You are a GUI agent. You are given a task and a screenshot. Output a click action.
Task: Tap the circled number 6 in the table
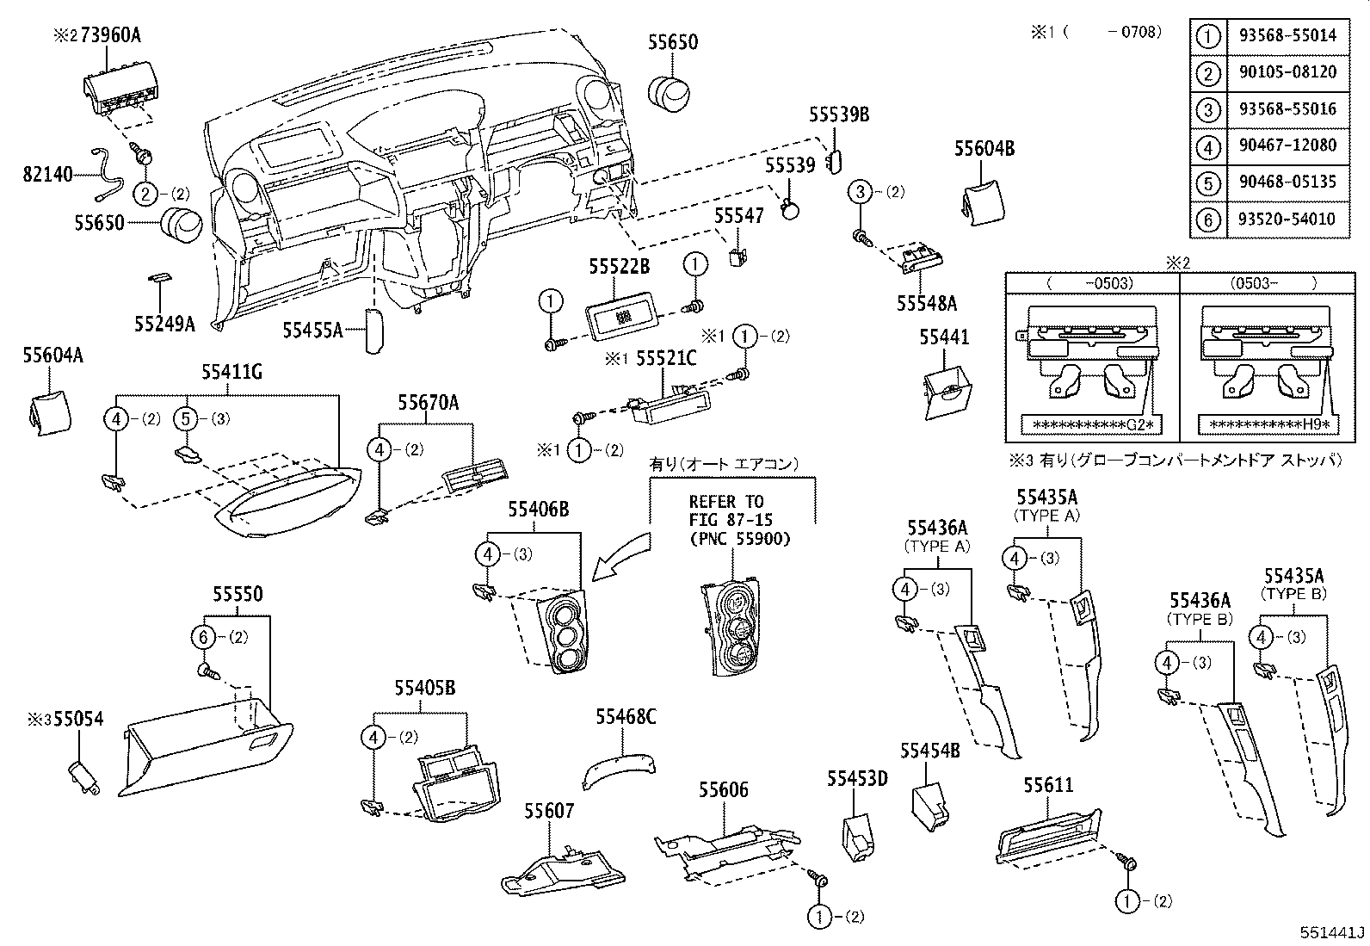pyautogui.click(x=1209, y=219)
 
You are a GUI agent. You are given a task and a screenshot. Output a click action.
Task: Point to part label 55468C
pyautogui.click(x=626, y=716)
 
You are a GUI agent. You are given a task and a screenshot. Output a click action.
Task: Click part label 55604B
pyautogui.click(x=984, y=149)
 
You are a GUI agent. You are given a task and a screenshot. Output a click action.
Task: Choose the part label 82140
pyautogui.click(x=47, y=176)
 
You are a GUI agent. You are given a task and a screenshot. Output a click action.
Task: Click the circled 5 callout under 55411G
pyautogui.click(x=187, y=419)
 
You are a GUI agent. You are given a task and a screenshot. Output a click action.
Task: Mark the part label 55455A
pyautogui.click(x=312, y=329)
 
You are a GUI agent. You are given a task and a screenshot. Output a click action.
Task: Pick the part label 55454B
pyautogui.click(x=929, y=751)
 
